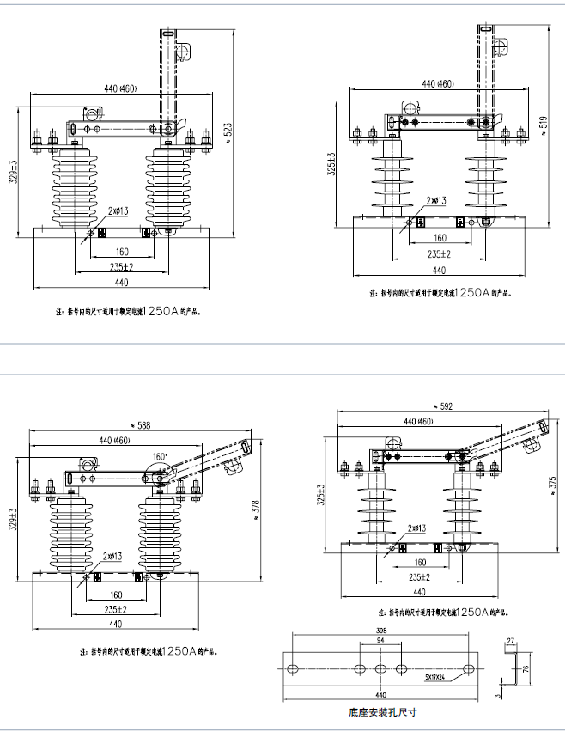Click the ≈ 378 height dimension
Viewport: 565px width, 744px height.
point(255,508)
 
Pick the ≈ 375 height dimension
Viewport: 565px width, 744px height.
point(551,482)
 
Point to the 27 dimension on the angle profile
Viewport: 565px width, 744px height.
point(510,640)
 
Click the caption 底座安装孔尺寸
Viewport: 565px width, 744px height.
point(382,712)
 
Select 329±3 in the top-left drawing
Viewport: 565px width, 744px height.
point(12,171)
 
